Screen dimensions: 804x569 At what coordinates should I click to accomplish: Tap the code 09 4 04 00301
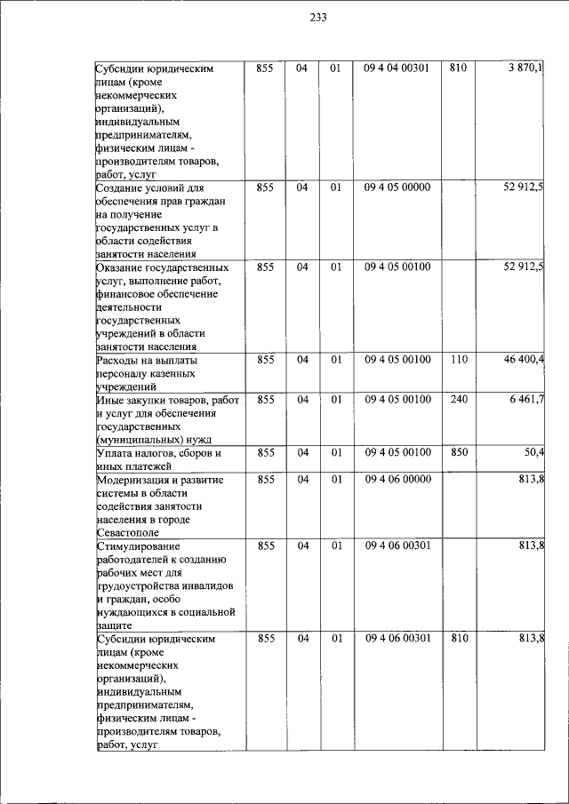pyautogui.click(x=397, y=68)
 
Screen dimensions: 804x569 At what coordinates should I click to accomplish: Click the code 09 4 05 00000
pyautogui.click(x=397, y=187)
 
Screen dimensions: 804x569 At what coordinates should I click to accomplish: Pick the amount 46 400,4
pyautogui.click(x=524, y=360)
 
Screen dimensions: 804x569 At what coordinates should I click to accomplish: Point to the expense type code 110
pyautogui.click(x=459, y=360)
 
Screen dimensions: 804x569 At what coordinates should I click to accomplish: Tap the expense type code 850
pyautogui.click(x=459, y=452)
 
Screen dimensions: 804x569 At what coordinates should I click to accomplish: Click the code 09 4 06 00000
pyautogui.click(x=397, y=480)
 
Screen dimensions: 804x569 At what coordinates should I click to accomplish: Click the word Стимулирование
pyautogui.click(x=138, y=545)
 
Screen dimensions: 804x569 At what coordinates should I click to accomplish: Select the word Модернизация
pyautogui.click(x=133, y=480)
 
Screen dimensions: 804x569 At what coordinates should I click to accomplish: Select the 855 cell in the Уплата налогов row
pyautogui.click(x=264, y=452)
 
